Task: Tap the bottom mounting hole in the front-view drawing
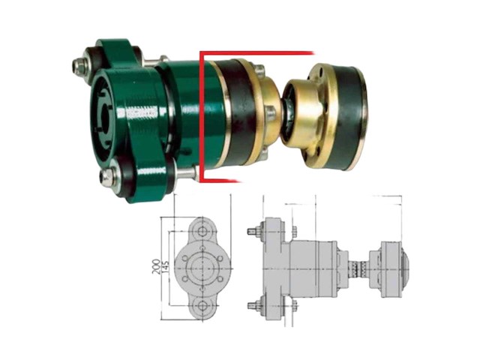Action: [201, 307]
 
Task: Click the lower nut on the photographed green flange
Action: [109, 177]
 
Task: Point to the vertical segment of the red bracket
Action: [201, 112]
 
